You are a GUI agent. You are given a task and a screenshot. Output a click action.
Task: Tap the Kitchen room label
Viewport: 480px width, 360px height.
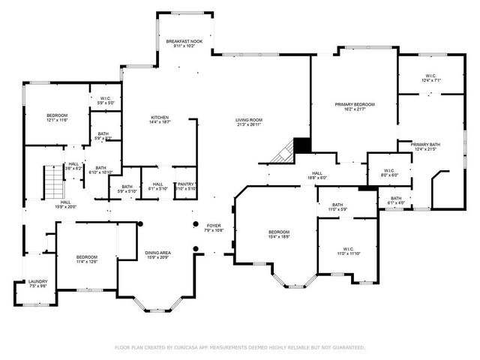160,118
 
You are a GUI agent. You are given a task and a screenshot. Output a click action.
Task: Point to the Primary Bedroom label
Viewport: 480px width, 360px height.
354,104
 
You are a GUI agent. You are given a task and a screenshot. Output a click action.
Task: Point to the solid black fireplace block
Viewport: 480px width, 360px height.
301,145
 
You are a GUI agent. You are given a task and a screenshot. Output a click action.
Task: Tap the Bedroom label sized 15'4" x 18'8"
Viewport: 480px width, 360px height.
279,232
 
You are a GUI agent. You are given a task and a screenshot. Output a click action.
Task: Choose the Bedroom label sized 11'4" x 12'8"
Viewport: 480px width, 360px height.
86,258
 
